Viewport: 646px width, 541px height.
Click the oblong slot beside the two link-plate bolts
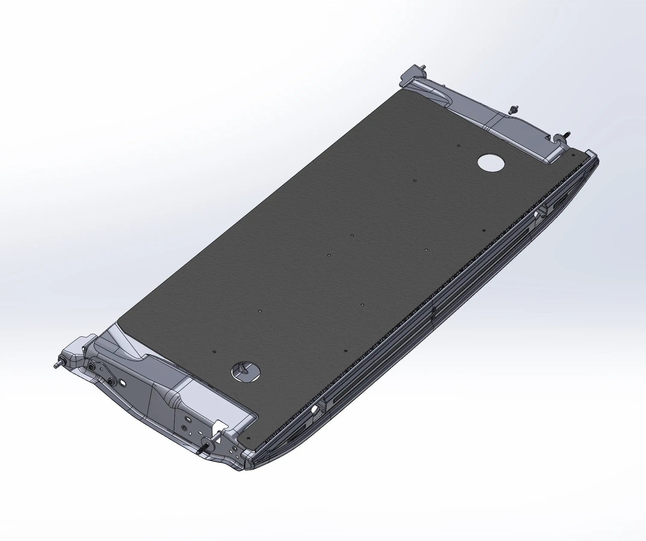[x=123, y=383]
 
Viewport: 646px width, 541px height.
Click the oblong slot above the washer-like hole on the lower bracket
[x=187, y=419]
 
